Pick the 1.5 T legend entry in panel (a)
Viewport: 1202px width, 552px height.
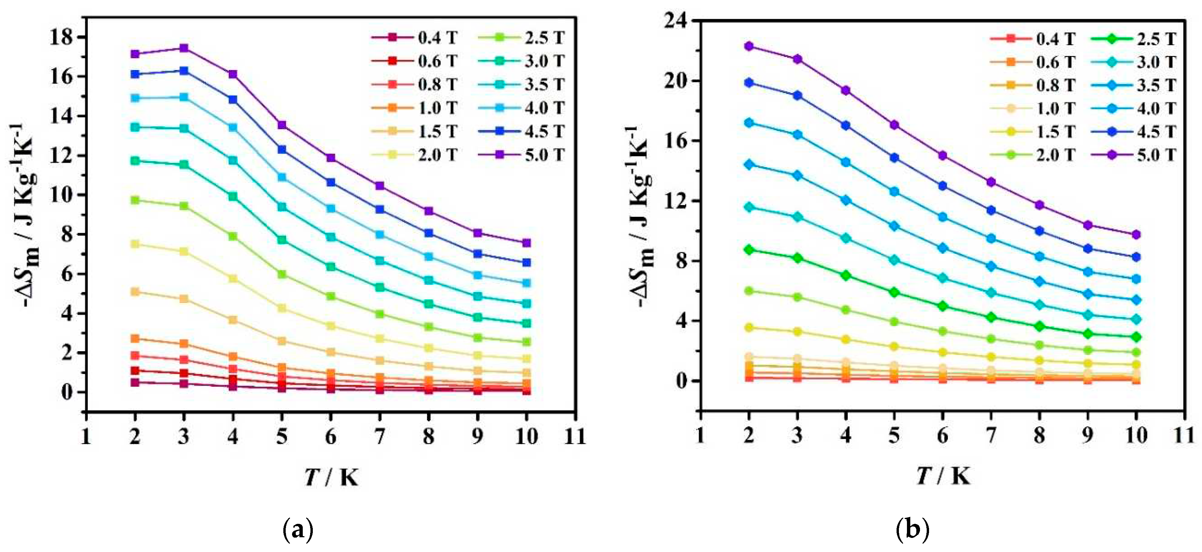pyautogui.click(x=415, y=131)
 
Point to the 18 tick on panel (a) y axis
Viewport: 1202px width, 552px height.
pyautogui.click(x=62, y=37)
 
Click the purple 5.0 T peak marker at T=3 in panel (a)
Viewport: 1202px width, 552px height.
pyautogui.click(x=184, y=48)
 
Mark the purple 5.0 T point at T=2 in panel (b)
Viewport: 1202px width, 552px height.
pyautogui.click(x=749, y=46)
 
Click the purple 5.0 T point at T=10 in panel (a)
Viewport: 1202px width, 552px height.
pyautogui.click(x=526, y=243)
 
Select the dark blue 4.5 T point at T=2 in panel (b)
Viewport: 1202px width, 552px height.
pyautogui.click(x=749, y=83)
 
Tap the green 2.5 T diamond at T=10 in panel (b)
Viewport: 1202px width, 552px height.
pyautogui.click(x=1136, y=337)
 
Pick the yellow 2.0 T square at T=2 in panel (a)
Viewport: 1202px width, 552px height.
pyautogui.click(x=135, y=244)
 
